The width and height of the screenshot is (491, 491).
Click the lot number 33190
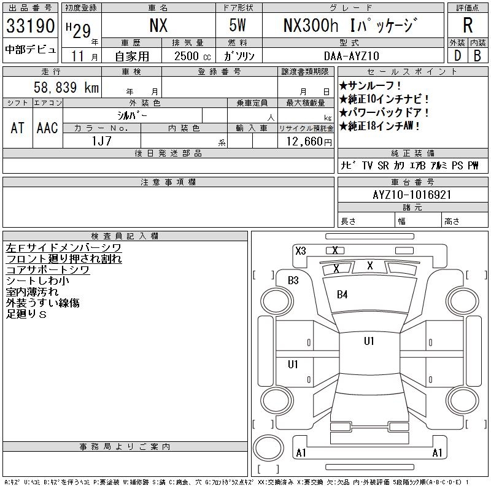pos(30,26)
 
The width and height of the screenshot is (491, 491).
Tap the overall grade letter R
pos(468,25)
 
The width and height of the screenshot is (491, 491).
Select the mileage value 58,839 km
pos(66,87)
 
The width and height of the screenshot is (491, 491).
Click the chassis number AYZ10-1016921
pos(412,195)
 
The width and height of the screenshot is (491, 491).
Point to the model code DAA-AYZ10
pos(352,56)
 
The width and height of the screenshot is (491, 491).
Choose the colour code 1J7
pos(101,141)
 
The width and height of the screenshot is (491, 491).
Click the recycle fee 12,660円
pos(309,142)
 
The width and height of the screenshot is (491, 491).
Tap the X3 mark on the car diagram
pos(301,251)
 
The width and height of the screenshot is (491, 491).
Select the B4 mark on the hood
pos(342,295)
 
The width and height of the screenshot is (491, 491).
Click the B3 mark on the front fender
pos(293,280)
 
